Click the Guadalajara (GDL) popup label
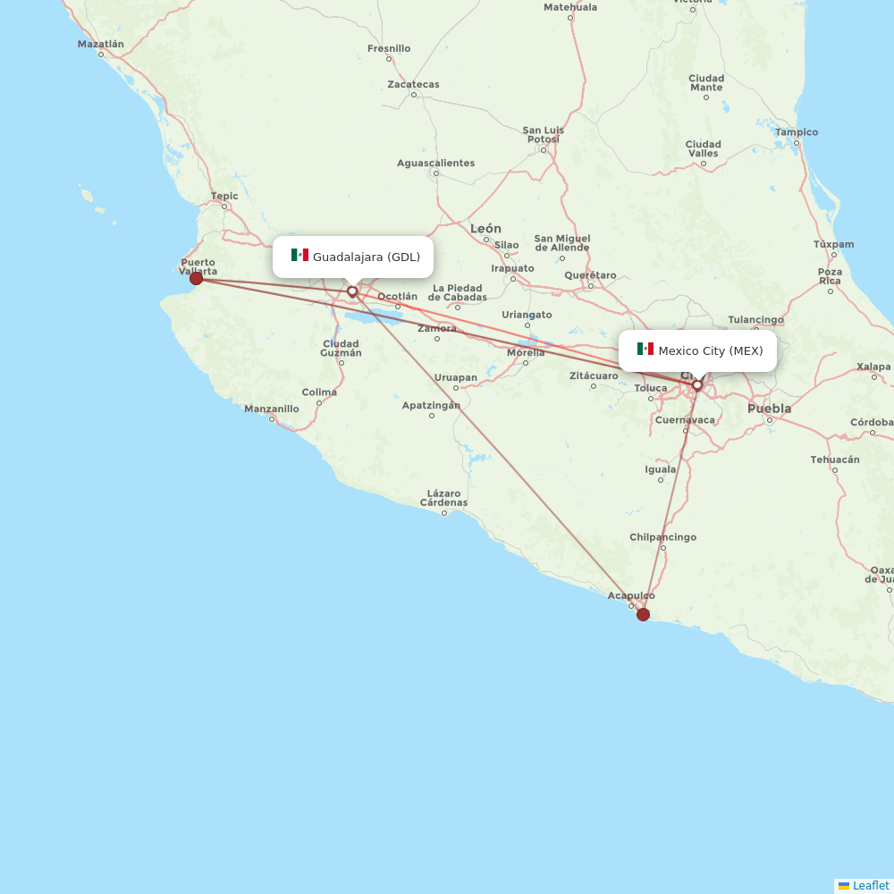(x=366, y=257)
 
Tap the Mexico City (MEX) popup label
(x=711, y=350)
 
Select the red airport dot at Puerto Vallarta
(x=196, y=278)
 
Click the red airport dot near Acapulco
(x=643, y=614)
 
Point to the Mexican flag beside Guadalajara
(x=299, y=256)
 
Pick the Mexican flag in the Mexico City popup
(x=645, y=349)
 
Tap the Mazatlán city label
(x=100, y=44)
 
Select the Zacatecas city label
(x=413, y=85)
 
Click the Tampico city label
(x=797, y=132)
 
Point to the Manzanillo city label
(x=272, y=409)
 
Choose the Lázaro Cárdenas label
(x=443, y=498)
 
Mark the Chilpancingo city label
(x=662, y=537)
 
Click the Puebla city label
(x=769, y=409)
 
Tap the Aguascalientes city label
(x=435, y=163)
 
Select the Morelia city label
(x=526, y=352)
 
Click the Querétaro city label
(x=590, y=274)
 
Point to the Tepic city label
(x=224, y=196)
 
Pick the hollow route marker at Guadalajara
(x=352, y=291)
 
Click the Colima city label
(x=319, y=392)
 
